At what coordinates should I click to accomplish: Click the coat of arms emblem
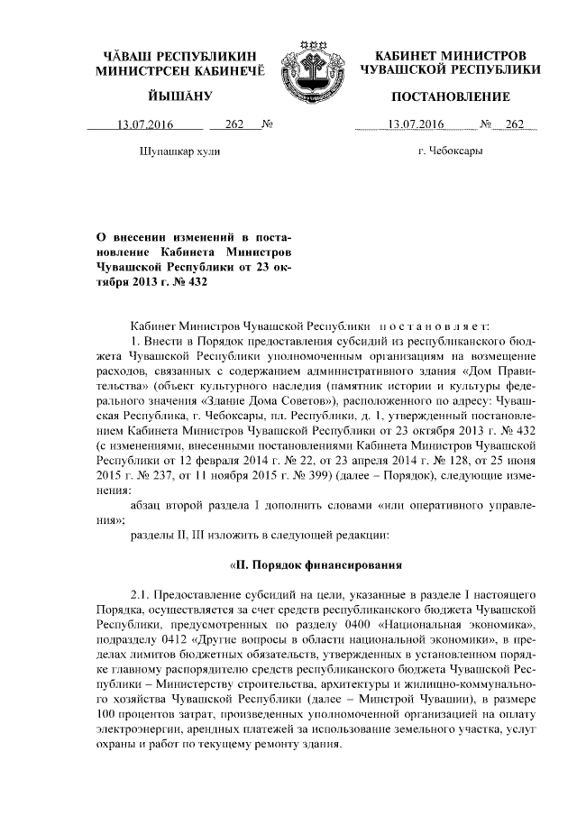pyautogui.click(x=308, y=68)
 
